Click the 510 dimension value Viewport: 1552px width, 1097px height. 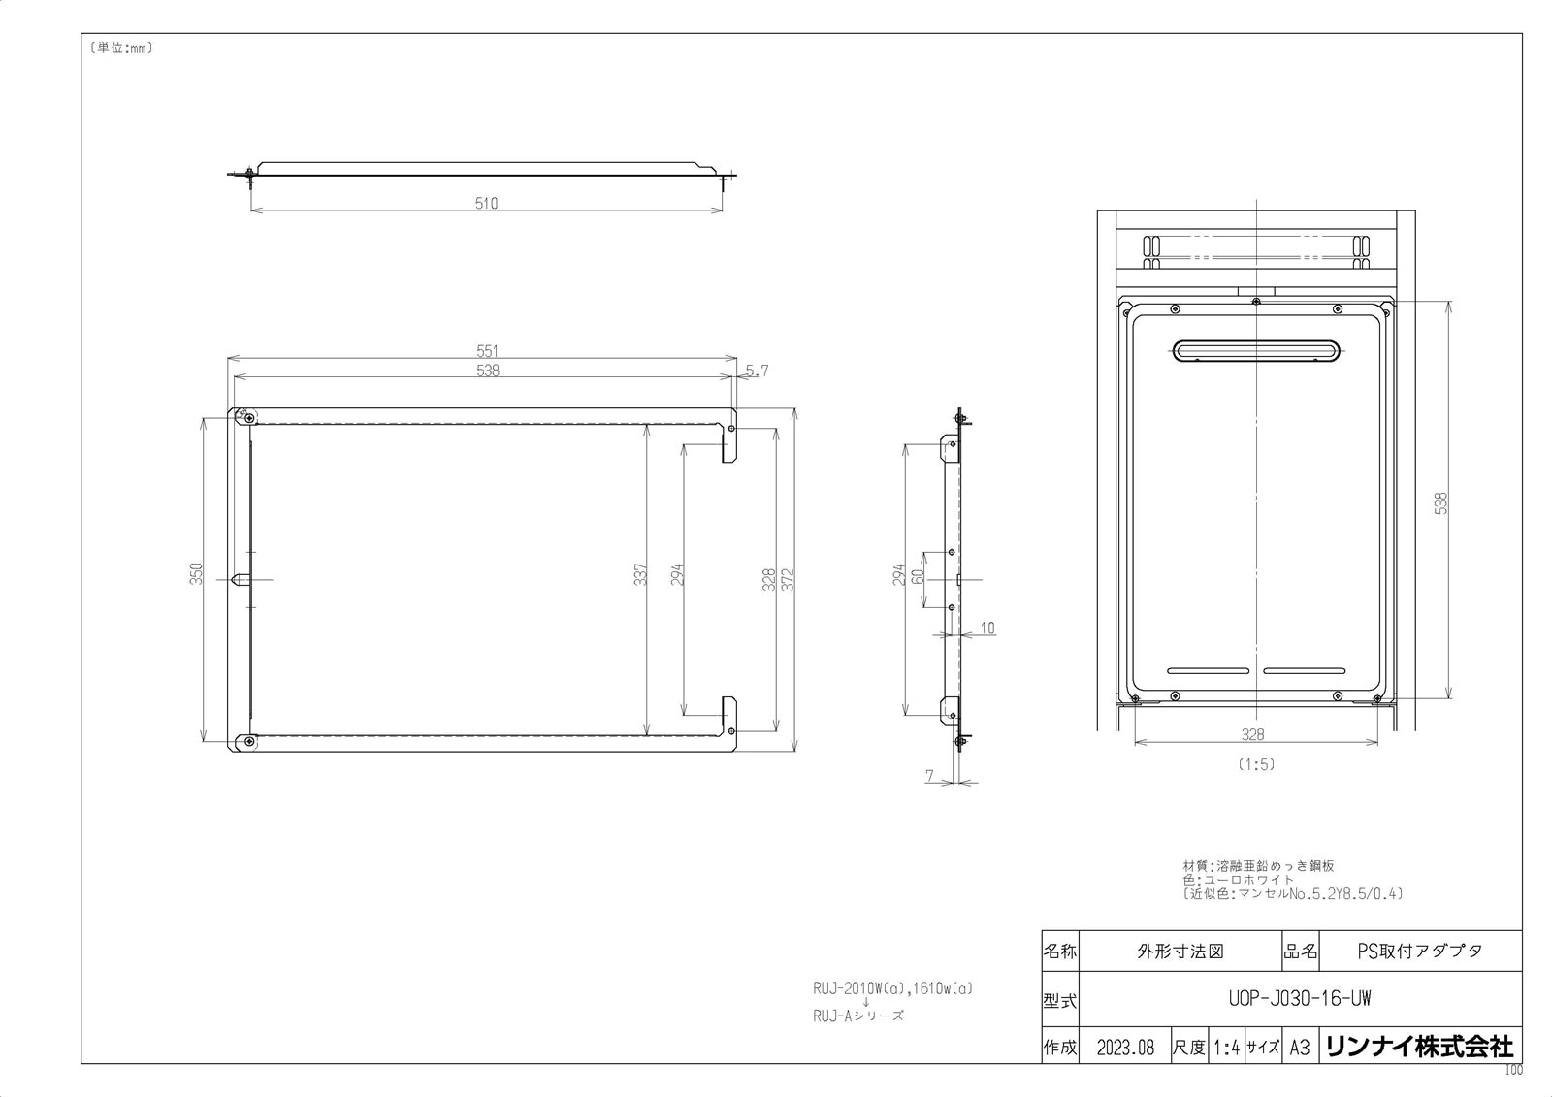(x=486, y=204)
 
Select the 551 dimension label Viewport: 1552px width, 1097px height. (x=487, y=351)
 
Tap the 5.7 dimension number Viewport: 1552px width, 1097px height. (x=758, y=371)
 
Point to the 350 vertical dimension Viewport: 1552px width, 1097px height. (x=195, y=574)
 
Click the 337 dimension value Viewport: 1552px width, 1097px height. (x=639, y=575)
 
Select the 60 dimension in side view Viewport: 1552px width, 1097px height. (x=917, y=575)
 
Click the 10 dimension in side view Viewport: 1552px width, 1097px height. (x=986, y=629)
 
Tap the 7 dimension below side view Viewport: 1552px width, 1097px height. (x=930, y=776)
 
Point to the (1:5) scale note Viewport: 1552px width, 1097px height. (x=1255, y=764)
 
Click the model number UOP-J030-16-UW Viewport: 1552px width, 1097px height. (x=1299, y=999)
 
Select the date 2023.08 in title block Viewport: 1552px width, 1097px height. (x=1125, y=1048)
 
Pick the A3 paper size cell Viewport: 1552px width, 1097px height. (x=1299, y=1048)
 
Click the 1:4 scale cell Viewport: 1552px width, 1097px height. (x=1227, y=1048)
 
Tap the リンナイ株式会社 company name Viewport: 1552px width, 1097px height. (x=1418, y=1047)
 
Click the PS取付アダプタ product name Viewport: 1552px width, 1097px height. (x=1419, y=951)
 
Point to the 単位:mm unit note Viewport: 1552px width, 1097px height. (x=120, y=48)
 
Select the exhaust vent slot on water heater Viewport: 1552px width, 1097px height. (x=1257, y=350)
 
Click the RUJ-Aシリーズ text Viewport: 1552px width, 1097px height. (x=858, y=1016)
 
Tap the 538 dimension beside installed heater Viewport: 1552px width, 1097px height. (x=1440, y=503)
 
